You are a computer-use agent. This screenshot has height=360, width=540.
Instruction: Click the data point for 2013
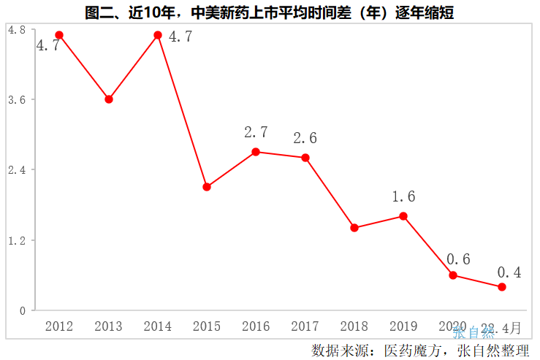coord(109,99)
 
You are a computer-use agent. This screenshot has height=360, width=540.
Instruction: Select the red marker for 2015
coord(207,187)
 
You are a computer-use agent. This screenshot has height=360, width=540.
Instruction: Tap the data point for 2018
coord(354,228)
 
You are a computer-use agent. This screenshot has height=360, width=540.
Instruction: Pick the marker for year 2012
coord(59,35)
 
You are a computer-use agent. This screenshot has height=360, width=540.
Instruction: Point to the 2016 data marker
coord(256,152)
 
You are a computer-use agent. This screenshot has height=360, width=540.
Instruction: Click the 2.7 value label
coord(256,133)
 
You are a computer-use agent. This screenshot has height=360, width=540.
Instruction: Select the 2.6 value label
coord(305,138)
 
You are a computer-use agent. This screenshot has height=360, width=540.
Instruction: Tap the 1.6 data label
coord(403,196)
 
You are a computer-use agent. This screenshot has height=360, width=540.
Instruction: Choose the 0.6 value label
coord(458,259)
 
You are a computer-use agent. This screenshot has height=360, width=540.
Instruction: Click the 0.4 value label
coord(509,272)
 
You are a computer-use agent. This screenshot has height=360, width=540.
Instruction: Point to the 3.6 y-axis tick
coord(16,99)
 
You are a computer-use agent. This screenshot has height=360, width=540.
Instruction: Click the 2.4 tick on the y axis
coord(16,169)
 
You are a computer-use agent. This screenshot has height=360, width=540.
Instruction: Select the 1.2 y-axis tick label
coord(16,240)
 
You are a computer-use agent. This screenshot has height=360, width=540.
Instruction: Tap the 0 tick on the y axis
coord(23,310)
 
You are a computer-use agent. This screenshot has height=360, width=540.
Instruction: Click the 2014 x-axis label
coord(158,326)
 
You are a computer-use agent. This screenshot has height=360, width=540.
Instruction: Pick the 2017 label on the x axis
coord(305,326)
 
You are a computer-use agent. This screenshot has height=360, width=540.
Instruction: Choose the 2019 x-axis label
coord(403,326)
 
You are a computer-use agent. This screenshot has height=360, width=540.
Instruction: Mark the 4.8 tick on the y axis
coord(16,29)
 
